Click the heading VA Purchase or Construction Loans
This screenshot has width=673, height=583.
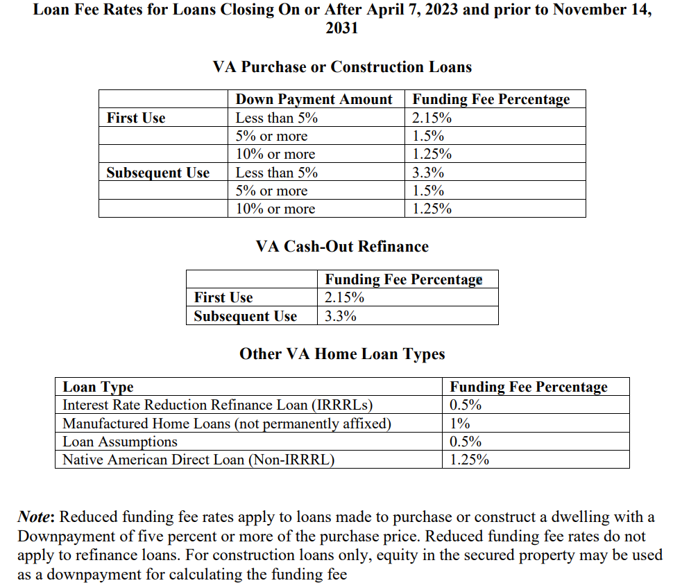click(x=342, y=67)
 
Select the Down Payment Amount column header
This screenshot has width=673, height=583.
click(x=314, y=99)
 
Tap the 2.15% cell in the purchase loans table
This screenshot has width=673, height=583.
click(x=432, y=118)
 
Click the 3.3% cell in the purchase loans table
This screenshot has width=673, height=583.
click(x=427, y=173)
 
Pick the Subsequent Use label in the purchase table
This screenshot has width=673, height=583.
click(x=157, y=173)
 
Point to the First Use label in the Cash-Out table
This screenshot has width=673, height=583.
click(x=223, y=297)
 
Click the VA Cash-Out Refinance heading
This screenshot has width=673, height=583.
click(x=342, y=246)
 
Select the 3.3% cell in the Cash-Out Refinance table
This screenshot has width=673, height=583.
click(x=341, y=316)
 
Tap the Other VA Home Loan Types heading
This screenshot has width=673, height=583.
click(x=342, y=354)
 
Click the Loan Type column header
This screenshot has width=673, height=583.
click(x=98, y=387)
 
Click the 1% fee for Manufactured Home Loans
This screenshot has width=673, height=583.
click(x=460, y=423)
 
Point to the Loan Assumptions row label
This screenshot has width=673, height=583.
click(x=119, y=442)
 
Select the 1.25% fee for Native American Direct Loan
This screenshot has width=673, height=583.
click(x=470, y=460)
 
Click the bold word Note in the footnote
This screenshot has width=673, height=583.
click(x=35, y=517)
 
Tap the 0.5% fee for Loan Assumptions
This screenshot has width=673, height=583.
click(x=466, y=442)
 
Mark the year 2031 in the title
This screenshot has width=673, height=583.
click(x=341, y=28)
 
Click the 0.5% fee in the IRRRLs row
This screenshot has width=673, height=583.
click(x=466, y=405)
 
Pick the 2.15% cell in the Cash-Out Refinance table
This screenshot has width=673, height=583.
click(x=345, y=297)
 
